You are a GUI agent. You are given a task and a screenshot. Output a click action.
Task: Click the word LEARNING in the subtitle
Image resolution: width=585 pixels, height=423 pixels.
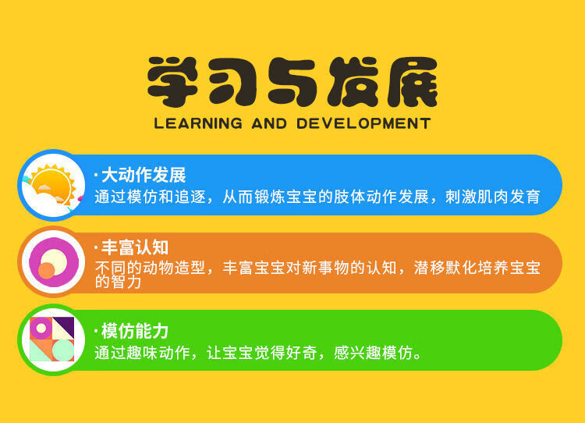click(x=198, y=123)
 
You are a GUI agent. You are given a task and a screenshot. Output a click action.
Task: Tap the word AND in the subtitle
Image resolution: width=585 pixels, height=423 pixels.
click(x=269, y=123)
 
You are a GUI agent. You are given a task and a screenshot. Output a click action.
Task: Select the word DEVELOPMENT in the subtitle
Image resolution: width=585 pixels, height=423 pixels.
click(x=363, y=123)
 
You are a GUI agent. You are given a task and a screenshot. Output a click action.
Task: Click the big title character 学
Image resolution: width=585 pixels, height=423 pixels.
click(x=172, y=81)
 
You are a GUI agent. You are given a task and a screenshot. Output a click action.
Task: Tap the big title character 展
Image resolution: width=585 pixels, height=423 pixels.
click(x=412, y=81)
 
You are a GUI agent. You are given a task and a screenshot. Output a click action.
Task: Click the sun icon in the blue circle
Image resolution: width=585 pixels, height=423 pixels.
click(x=52, y=186)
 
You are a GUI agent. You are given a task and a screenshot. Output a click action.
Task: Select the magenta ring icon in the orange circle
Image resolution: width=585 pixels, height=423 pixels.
click(x=54, y=262)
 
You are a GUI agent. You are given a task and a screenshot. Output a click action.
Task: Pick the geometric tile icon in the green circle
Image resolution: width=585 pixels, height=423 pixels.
click(x=52, y=339)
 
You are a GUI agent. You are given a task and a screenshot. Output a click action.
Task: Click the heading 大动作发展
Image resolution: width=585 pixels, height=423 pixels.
click(x=144, y=175)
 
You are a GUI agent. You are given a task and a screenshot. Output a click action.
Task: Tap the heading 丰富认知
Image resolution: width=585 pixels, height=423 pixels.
click(x=135, y=247)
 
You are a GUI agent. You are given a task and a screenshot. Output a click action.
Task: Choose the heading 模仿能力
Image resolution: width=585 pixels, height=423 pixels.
click(x=135, y=331)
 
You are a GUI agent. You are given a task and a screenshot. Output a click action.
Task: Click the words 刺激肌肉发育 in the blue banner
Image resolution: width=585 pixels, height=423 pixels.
click(x=492, y=197)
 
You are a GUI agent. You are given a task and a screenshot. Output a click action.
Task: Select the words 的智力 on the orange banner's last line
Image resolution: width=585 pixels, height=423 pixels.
click(x=118, y=282)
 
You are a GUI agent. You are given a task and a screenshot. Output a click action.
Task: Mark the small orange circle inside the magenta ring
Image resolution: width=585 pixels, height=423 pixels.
click(x=47, y=270)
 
